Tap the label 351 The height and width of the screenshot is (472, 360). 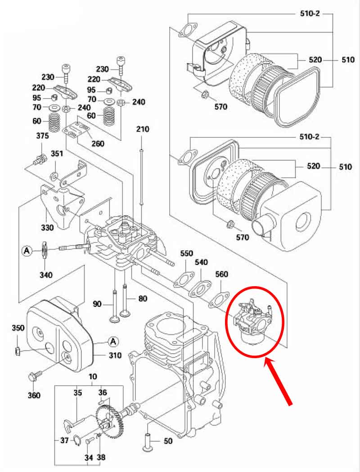(57, 154)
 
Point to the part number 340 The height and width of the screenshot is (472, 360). (46, 274)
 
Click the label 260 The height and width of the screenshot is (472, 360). (98, 144)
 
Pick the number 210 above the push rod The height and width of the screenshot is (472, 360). (142, 129)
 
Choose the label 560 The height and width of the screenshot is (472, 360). (221, 274)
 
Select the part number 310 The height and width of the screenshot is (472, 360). (114, 355)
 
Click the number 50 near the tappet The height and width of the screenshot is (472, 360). (168, 441)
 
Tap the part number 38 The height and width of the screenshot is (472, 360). (101, 458)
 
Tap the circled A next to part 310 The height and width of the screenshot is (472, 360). (114, 342)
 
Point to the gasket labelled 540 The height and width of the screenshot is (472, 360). (200, 288)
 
